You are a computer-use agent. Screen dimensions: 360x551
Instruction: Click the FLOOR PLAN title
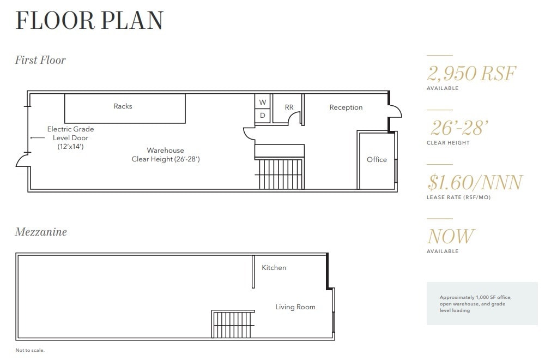pos(89,21)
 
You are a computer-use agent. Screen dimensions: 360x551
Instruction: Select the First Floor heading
pos(40,60)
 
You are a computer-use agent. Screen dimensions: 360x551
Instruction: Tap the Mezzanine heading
pos(41,232)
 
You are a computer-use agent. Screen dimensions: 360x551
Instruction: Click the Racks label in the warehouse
pos(123,106)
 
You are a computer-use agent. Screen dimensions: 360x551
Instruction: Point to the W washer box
pos(262,102)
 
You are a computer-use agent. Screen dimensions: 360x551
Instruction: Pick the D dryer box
pos(262,116)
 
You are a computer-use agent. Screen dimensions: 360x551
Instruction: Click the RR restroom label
pos(289,107)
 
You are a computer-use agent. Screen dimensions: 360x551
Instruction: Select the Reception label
pos(346,107)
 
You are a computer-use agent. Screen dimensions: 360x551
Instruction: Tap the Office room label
pos(377,159)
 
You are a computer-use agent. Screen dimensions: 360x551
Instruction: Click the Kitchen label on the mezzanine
pos(274,268)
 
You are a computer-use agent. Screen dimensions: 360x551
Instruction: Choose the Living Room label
pos(295,307)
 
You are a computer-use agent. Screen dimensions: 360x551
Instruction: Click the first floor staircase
pos(280,173)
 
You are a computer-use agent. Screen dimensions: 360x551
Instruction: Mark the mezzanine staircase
pos(233,325)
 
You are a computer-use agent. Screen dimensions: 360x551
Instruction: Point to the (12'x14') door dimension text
pos(70,147)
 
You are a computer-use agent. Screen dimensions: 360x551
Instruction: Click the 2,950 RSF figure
pos(471,73)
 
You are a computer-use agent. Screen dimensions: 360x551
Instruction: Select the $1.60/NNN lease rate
pos(475,182)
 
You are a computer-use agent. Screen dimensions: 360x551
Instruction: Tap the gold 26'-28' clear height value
pos(458,128)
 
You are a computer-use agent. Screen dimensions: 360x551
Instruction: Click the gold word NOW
pos(451,236)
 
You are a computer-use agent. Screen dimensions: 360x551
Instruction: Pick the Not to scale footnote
pos(29,350)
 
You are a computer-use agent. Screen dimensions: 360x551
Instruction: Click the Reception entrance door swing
pos(395,111)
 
